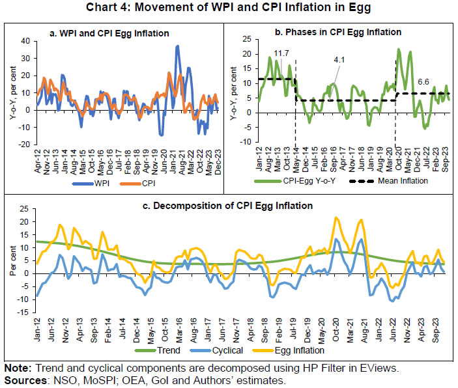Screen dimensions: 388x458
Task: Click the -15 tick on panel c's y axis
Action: [23, 311]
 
